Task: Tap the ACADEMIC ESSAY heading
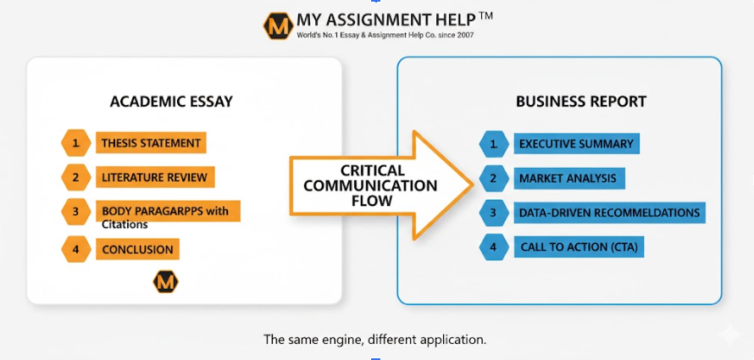(x=171, y=102)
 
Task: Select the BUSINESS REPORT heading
(x=581, y=102)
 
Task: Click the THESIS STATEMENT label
(x=151, y=143)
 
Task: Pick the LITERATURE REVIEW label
(x=154, y=178)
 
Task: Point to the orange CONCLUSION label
(x=137, y=250)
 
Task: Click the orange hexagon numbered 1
(x=75, y=143)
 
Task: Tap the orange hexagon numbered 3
(x=75, y=212)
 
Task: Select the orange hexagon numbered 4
(x=75, y=249)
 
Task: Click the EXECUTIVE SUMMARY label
(x=576, y=144)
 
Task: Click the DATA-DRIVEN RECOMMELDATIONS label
(x=609, y=213)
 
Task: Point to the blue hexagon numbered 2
(x=492, y=179)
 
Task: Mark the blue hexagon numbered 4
(x=492, y=247)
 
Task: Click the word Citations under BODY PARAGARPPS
(x=125, y=224)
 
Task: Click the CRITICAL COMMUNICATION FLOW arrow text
(x=370, y=186)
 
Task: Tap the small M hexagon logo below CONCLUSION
(x=165, y=282)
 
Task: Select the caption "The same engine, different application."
(x=375, y=340)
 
